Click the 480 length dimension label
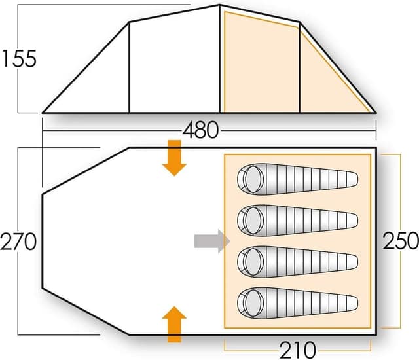[201, 130]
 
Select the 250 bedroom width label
[400, 240]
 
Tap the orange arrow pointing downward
[174, 158]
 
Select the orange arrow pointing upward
[174, 324]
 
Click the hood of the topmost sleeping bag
[250, 177]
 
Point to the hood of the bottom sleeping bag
[250, 302]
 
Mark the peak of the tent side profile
[219, 5]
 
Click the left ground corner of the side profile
[43, 112]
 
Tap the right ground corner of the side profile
[375, 112]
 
